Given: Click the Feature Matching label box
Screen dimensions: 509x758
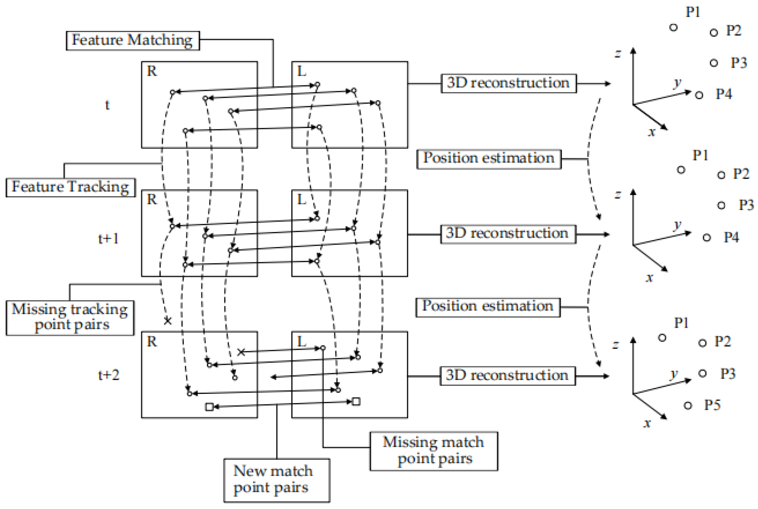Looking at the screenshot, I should [132, 41].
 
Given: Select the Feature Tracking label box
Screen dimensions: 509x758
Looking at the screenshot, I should [70, 187].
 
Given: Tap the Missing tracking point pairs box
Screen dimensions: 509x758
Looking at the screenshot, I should [70, 317].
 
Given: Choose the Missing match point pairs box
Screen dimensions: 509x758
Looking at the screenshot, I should [433, 451].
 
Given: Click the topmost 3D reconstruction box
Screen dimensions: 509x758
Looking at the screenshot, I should [508, 83].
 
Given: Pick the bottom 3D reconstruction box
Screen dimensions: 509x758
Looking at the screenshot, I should [507, 376].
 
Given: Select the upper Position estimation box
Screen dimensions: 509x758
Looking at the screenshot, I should [488, 159].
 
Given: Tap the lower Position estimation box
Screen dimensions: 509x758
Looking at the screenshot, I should [488, 307].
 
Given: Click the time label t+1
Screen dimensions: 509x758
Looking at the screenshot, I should [109, 239].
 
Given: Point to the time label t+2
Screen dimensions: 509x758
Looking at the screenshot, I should [109, 375].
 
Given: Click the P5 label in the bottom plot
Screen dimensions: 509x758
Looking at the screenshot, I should [712, 405].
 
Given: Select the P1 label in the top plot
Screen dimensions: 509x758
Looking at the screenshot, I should [692, 12].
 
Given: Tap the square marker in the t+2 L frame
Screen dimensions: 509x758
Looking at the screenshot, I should [356, 402].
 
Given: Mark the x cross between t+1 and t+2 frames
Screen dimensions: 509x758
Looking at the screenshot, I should [167, 321].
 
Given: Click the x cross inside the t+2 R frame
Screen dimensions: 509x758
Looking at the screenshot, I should [241, 352].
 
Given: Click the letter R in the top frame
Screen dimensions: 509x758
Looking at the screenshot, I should [152, 71].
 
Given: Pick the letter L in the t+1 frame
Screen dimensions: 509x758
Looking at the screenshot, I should [301, 199].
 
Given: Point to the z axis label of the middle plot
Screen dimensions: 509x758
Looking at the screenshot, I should [618, 195].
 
